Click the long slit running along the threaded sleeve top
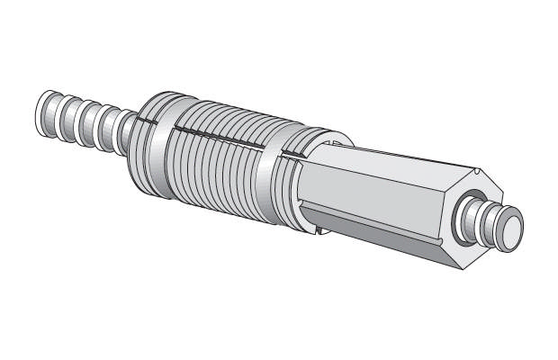pyautogui.click(x=216, y=135)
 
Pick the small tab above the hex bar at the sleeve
pyautogui.click(x=335, y=141)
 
